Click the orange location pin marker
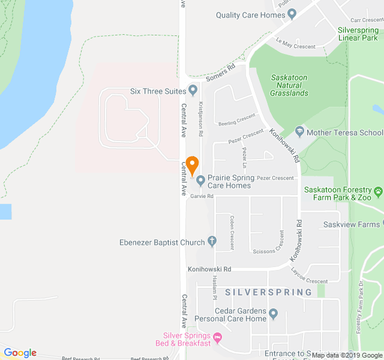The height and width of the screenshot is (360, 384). [x=192, y=164]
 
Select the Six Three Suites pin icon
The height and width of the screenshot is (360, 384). [x=193, y=91]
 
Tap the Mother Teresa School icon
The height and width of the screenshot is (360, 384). [x=299, y=132]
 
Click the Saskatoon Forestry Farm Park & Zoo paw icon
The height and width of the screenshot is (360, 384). [x=378, y=193]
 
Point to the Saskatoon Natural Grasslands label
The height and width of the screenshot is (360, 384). [x=290, y=85]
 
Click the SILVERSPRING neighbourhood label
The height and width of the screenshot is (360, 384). [x=269, y=292]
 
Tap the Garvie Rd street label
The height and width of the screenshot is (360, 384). [x=203, y=196]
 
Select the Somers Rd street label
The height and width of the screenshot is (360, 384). [x=220, y=74]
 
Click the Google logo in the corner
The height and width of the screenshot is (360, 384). [x=20, y=353]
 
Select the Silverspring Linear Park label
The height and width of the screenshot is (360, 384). [x=358, y=33]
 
